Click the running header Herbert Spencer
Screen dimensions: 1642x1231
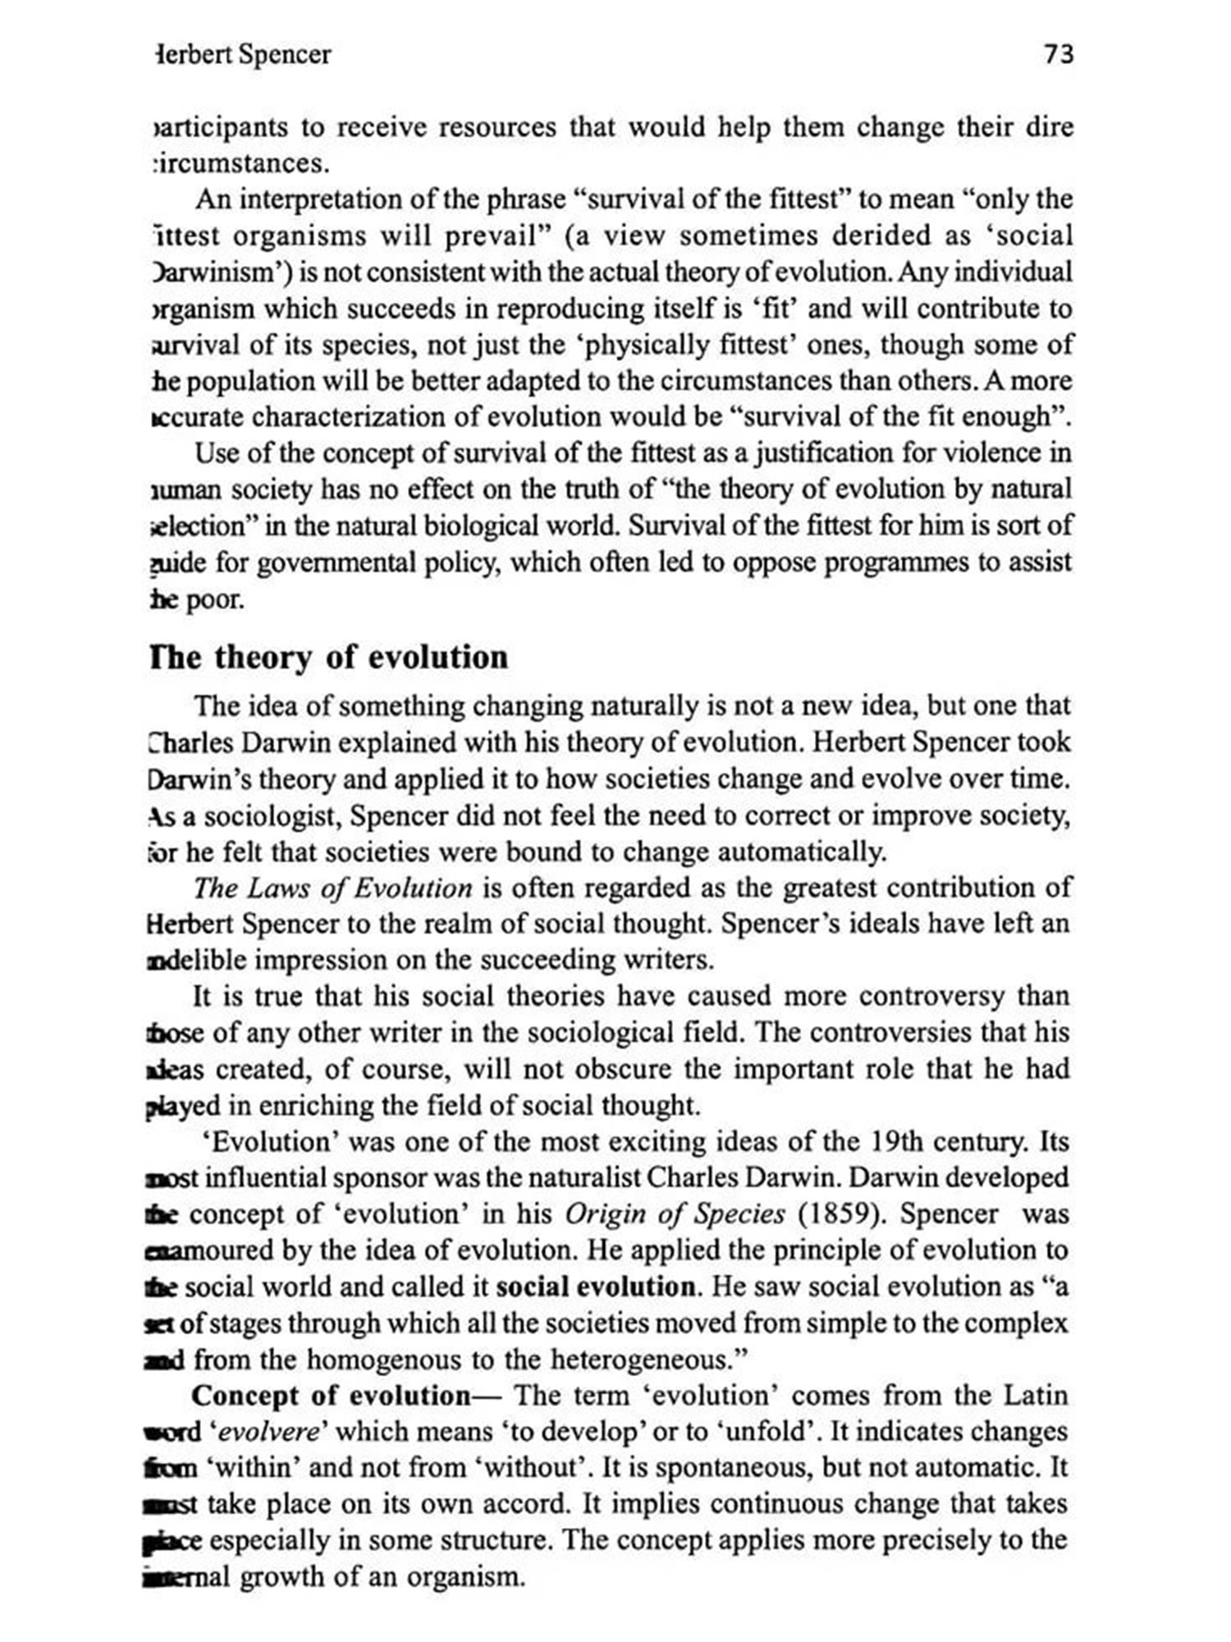pos(243,55)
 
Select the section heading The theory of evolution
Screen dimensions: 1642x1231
pos(329,658)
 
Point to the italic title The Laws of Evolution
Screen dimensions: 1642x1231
pos(332,888)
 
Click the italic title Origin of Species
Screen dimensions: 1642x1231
pos(675,1214)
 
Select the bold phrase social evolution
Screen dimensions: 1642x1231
pos(596,1287)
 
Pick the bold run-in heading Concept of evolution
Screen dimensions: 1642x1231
pos(330,1396)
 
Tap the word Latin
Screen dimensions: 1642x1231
pos(1036,1396)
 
